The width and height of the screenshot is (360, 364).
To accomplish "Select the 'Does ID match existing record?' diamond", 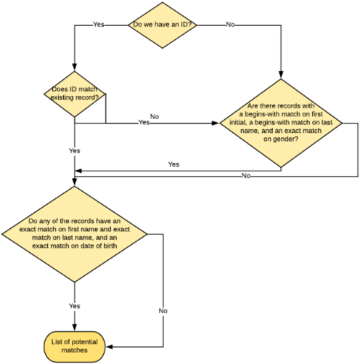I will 75,93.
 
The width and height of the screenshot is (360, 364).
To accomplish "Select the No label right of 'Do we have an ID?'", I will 230,24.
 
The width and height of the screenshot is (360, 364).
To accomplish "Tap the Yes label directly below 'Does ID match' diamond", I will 75,150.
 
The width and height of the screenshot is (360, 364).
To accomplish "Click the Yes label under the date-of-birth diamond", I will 75,306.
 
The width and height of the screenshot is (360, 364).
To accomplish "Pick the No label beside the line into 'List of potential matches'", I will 163,311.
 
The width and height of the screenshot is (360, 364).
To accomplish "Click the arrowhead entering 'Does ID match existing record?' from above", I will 75,66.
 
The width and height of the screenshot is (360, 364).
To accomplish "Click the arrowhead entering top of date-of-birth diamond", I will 75,182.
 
